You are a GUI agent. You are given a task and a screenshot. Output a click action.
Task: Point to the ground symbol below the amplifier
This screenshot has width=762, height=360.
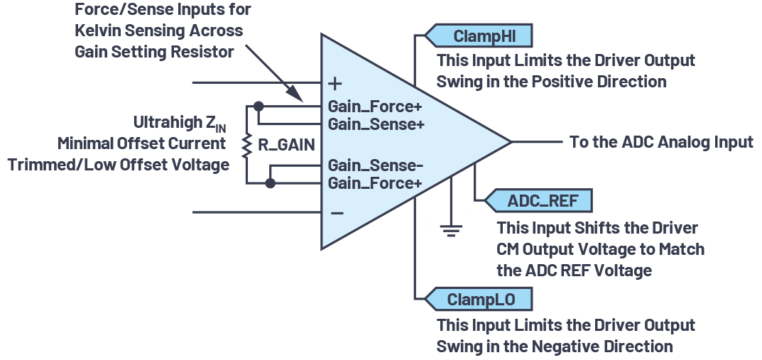[x=451, y=228]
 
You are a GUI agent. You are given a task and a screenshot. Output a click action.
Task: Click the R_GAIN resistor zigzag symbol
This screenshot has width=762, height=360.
[x=246, y=145]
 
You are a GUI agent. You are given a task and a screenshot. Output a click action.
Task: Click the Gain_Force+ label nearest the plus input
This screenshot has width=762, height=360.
[x=374, y=107]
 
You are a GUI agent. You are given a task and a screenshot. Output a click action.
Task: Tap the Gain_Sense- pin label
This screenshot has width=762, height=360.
[x=375, y=166]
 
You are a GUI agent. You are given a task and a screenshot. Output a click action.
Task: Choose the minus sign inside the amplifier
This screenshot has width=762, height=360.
[x=337, y=212]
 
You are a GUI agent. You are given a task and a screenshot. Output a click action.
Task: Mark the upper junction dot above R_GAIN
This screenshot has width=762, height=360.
[x=258, y=107]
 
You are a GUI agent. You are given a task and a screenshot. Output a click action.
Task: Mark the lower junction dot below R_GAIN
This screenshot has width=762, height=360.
[x=270, y=183]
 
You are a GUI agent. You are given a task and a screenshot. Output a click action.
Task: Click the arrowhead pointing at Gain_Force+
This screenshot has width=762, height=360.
[x=298, y=97]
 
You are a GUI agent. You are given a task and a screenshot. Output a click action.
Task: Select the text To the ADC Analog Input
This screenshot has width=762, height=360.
[x=661, y=142]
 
